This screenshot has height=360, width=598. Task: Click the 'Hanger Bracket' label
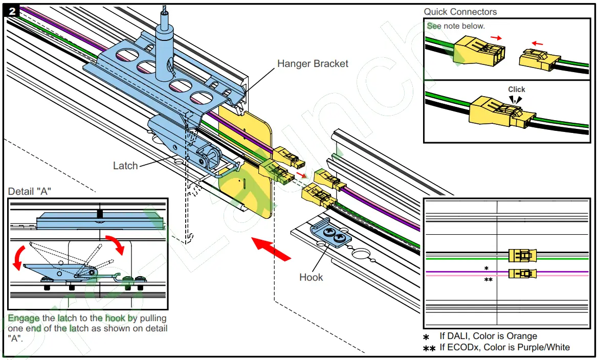coord(313,64)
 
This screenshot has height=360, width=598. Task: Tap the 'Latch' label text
coord(125,166)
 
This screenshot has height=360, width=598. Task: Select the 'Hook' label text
coord(311,277)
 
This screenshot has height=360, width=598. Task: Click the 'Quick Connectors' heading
coord(460,12)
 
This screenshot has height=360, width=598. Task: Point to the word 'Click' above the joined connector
coord(517,89)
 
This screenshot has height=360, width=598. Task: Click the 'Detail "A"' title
coord(30,192)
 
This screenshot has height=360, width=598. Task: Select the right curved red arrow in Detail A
coord(115,243)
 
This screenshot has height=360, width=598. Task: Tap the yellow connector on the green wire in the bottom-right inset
coord(522,255)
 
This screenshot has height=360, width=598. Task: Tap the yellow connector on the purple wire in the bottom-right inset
coord(522,274)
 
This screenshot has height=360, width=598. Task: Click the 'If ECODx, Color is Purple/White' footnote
coord(504,348)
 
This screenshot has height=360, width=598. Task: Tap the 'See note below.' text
coord(456,26)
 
